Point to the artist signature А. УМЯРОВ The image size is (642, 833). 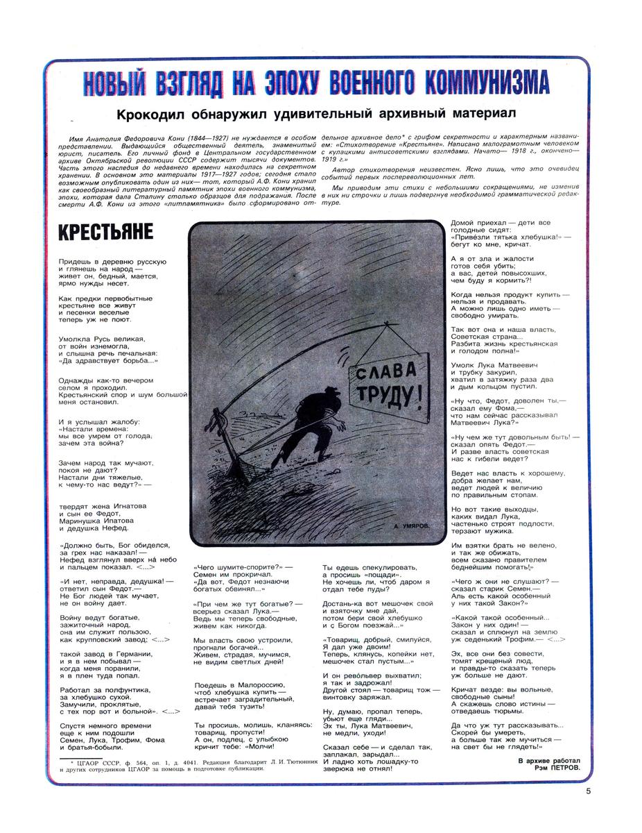412,527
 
